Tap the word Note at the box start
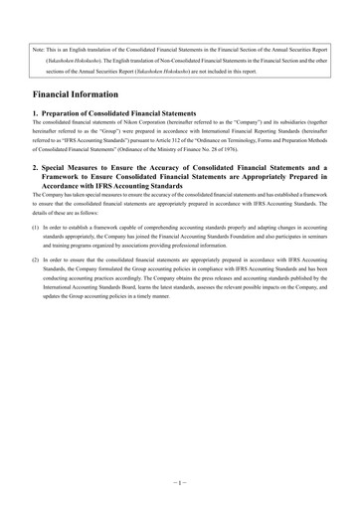(40, 48)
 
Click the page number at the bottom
(180, 478)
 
